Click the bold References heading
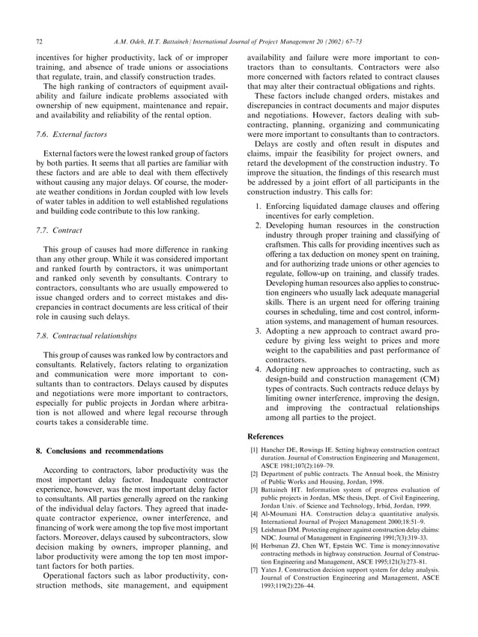tap(265, 436)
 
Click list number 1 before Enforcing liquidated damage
tap(258, 205)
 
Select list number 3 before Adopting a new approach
tap(258, 330)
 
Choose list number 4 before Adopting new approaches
tap(258, 369)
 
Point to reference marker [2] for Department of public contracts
tap(252, 475)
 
